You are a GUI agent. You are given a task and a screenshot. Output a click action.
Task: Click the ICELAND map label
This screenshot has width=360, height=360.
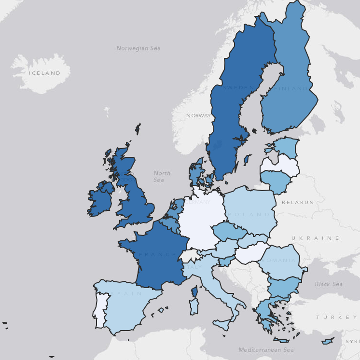tap(44, 73)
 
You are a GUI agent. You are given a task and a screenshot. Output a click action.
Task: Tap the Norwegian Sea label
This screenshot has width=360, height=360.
tap(138, 48)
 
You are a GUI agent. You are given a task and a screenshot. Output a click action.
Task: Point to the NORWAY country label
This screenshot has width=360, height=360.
tap(198, 116)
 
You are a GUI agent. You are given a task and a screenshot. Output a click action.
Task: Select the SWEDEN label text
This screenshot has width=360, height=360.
tap(238, 87)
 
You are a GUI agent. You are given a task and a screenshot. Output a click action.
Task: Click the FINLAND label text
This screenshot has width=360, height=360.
tap(291, 89)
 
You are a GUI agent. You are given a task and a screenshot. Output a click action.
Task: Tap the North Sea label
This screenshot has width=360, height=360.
tap(162, 177)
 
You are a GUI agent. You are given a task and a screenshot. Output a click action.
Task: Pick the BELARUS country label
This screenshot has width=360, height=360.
tap(297, 203)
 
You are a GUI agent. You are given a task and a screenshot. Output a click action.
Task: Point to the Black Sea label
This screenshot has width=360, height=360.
tap(329, 284)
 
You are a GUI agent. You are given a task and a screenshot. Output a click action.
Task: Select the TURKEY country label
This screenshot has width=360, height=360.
tap(336, 318)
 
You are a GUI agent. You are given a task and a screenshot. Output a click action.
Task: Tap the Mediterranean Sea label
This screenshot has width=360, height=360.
tap(266, 350)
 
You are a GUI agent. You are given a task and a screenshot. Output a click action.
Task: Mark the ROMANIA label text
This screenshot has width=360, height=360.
tap(278, 261)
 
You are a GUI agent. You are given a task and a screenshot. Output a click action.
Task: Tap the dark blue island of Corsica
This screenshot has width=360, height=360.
tap(195, 291)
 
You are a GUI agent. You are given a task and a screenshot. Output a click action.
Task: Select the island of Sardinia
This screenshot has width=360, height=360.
tap(194, 307)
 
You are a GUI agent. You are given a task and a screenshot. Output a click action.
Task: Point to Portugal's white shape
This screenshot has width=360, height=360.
tap(99, 309)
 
